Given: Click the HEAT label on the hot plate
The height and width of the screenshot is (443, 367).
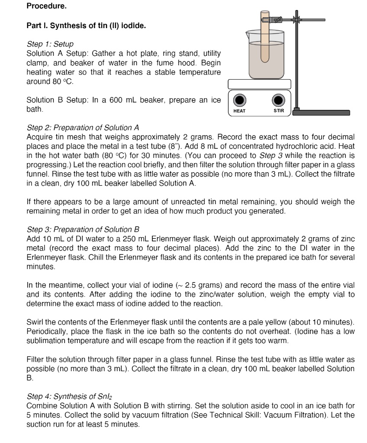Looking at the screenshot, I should tap(239, 111).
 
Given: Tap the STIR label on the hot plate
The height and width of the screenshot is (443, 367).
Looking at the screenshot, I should tap(279, 111).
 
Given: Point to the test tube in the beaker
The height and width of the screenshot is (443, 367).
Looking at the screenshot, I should tap(264, 39).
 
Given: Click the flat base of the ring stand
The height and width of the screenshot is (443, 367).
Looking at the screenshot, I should tap(321, 112).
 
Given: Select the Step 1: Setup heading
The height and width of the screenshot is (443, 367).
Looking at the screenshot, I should tap(50, 44).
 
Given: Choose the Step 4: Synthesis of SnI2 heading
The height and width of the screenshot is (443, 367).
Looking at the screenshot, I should tap(70, 397).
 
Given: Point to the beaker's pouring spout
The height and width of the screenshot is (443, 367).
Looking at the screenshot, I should tap(248, 32).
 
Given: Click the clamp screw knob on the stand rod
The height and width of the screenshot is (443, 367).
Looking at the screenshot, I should tap(296, 20).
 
